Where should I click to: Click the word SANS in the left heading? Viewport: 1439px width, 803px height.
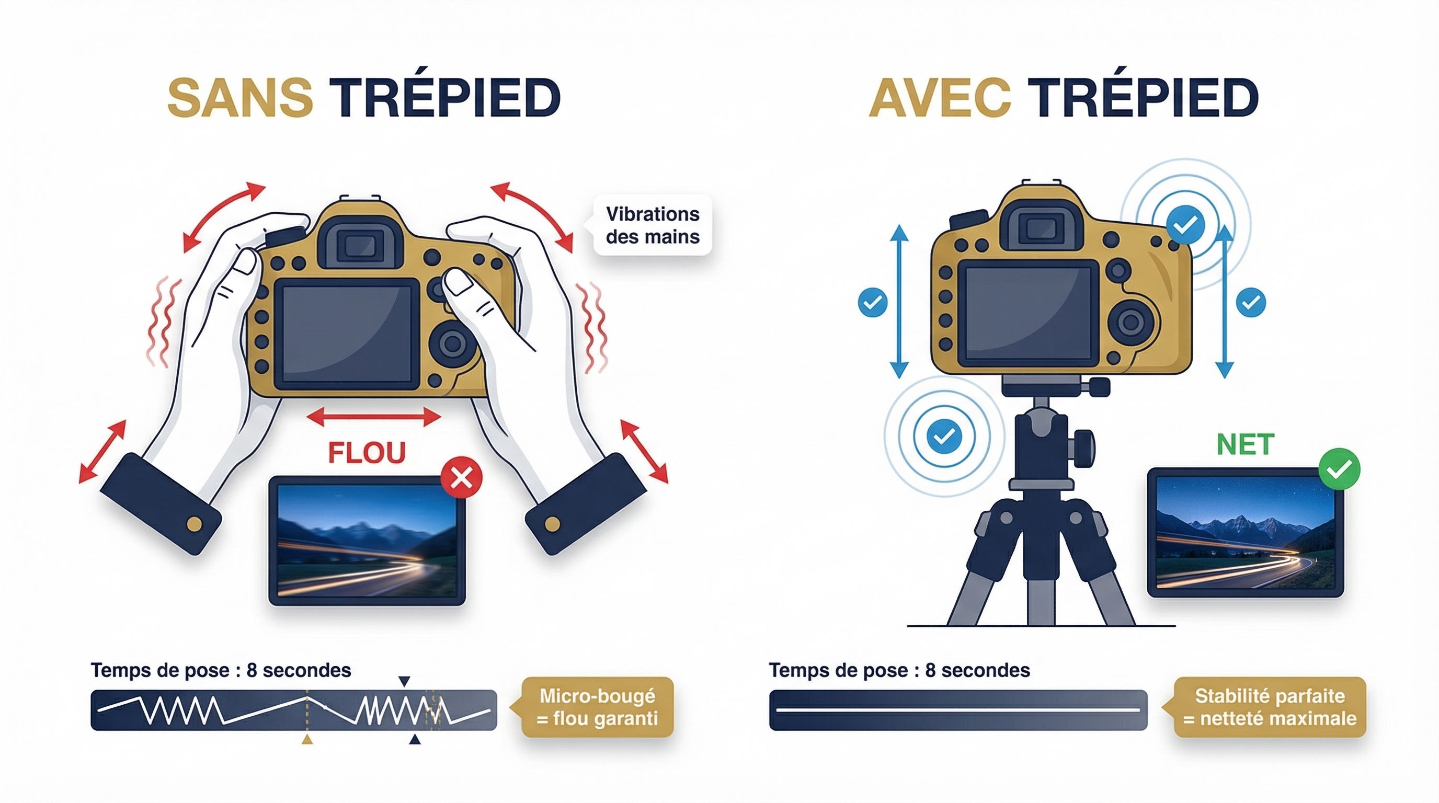[239, 98]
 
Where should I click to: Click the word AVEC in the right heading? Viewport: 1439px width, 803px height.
[940, 98]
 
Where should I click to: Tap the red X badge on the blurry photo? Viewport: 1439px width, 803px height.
[461, 477]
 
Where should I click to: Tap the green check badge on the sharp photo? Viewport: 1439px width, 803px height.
[1339, 469]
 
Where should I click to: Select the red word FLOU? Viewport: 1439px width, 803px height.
[367, 453]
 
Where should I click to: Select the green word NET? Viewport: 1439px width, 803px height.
[1245, 445]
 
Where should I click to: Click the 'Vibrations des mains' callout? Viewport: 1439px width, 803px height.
[653, 225]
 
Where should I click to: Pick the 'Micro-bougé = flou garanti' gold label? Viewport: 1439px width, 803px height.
[597, 707]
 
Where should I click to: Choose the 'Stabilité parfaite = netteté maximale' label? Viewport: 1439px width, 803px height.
[1270, 707]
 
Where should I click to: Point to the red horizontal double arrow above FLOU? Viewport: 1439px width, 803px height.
[374, 417]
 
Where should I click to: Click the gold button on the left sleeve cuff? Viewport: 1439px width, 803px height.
[194, 524]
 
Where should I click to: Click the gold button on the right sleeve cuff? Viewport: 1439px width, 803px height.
[552, 524]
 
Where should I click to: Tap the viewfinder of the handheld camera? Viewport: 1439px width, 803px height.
[360, 246]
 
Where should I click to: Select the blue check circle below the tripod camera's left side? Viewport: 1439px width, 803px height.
[944, 436]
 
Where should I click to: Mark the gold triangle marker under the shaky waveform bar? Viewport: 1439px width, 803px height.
[307, 740]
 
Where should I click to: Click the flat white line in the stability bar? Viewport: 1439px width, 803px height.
[957, 710]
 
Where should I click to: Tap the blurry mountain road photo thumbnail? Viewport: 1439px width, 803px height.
[367, 541]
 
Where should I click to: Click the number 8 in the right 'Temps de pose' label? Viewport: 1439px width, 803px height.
[930, 670]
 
